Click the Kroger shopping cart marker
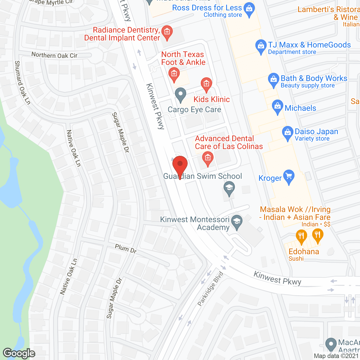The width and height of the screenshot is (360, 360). pos(289,176)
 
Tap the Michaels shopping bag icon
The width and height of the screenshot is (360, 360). pos(277,107)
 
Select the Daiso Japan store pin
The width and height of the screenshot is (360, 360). pos(287,133)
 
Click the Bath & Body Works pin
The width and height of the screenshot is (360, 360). pos(273,80)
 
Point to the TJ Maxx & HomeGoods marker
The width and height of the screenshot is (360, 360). pos(261,46)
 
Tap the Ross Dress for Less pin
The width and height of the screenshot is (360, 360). pos(249,9)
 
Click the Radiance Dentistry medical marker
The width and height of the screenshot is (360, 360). pos(167,32)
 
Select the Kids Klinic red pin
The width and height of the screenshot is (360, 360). pos(206,84)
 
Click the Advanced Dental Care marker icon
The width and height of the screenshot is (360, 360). pos(208,158)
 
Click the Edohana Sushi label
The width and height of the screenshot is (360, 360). pos(303,254)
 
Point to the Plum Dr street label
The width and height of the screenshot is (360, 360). pos(126,249)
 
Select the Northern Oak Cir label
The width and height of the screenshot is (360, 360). pos(54,55)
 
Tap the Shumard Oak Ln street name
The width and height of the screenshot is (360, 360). pos(22,83)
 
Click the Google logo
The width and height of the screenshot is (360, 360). pos(19,353)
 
